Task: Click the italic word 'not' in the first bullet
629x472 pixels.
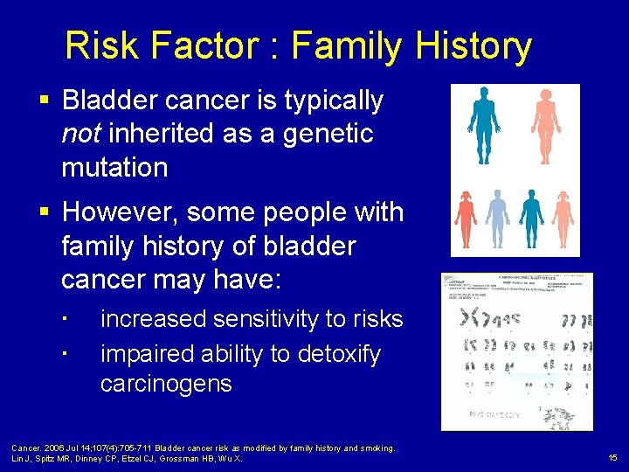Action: (78, 134)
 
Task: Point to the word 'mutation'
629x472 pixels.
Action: (114, 167)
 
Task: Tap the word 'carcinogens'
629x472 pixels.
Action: (166, 383)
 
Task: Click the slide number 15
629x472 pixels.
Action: (612, 457)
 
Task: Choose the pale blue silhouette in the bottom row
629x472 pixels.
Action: (497, 219)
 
